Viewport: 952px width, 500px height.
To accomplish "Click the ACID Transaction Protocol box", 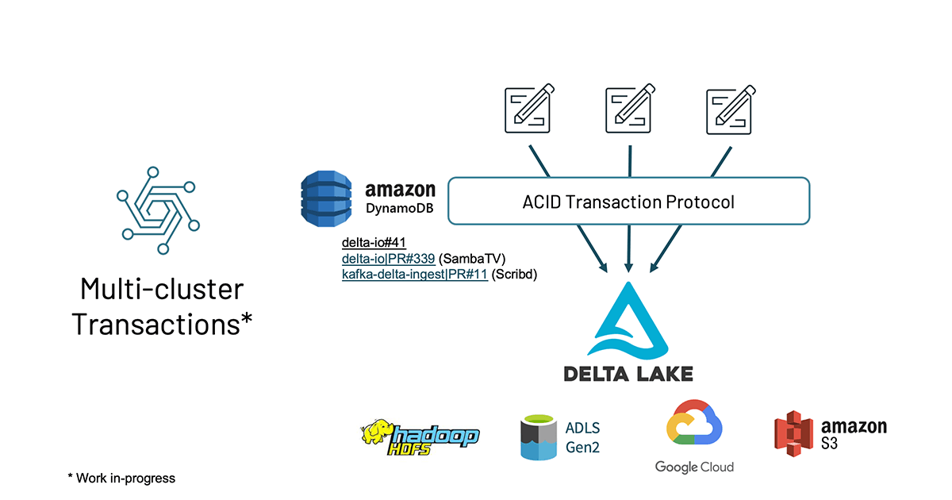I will (628, 202).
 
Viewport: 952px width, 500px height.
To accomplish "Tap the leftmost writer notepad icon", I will (528, 110).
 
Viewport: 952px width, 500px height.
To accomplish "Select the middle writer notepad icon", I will (628, 110).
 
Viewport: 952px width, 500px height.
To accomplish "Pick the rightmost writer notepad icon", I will (729, 110).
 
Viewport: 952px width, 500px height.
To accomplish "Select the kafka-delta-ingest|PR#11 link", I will (414, 275).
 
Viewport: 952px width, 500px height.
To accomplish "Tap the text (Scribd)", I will (515, 275).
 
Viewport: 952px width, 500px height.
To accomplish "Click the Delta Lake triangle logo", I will (628, 321).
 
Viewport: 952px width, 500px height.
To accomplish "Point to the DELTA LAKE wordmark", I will (628, 373).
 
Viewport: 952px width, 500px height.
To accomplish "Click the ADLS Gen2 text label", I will (582, 437).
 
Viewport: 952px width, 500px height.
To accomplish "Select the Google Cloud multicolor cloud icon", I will (694, 425).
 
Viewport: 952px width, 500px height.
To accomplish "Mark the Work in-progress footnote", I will (121, 478).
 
